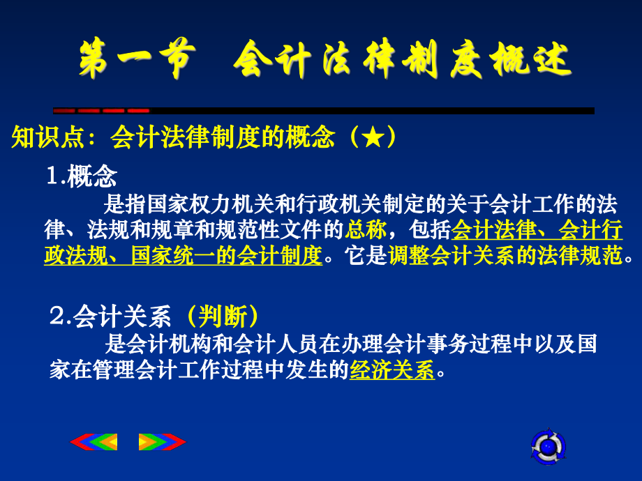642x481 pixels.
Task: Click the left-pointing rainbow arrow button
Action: (x=94, y=442)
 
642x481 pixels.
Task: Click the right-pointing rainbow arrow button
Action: (x=162, y=442)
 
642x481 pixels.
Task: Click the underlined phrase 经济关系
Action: (x=391, y=370)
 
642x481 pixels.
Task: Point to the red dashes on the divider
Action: (x=102, y=110)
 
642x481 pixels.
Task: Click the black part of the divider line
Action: (x=370, y=110)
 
